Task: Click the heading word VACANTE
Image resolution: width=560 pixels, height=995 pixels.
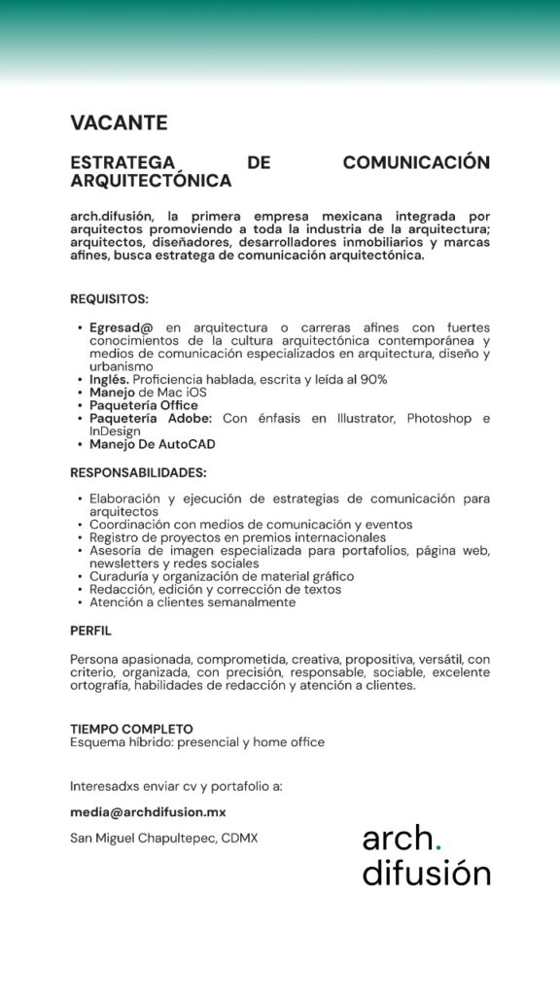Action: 119,122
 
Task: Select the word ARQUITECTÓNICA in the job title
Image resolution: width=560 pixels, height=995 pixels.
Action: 151,181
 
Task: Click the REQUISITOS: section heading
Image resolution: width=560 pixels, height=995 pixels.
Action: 109,298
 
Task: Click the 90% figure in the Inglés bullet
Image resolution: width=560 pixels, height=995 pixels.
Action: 373,379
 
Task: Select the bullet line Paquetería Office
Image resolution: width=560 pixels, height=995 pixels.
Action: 143,405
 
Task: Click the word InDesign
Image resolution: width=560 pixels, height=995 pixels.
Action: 115,430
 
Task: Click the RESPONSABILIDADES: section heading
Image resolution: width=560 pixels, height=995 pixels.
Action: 138,472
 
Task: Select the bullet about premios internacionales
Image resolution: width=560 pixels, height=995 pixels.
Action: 237,537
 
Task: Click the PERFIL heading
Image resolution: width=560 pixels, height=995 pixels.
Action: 90,631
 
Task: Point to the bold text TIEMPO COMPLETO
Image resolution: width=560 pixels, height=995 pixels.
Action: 131,729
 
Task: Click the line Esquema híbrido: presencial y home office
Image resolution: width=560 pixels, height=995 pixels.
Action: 196,742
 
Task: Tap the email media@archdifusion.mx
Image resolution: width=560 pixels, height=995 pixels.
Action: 148,811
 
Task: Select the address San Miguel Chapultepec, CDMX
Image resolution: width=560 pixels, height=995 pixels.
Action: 163,838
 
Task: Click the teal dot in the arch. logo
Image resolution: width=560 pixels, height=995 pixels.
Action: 437,848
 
